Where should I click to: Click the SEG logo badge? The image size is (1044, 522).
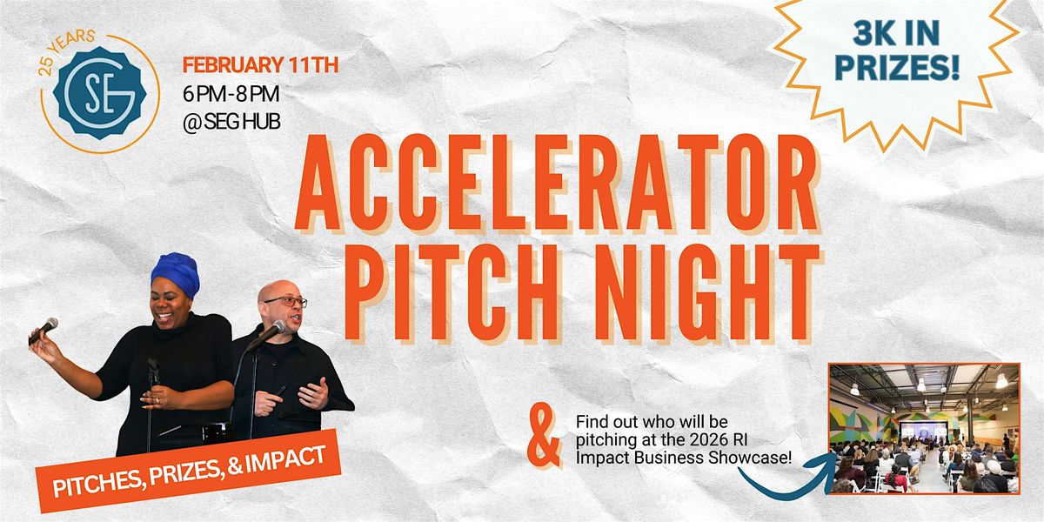[100, 93]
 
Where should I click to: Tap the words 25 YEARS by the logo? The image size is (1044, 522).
[64, 51]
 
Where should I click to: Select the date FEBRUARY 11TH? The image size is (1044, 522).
[260, 64]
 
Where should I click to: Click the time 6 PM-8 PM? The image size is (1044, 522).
[231, 94]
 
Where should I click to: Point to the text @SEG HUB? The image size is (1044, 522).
[231, 122]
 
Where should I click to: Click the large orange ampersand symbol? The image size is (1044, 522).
[544, 438]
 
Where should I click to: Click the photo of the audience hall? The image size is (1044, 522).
[924, 429]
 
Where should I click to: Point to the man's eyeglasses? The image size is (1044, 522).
[286, 302]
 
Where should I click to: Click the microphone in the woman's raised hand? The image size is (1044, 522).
[43, 331]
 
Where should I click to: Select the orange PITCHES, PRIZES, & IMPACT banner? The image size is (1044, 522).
[189, 472]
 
